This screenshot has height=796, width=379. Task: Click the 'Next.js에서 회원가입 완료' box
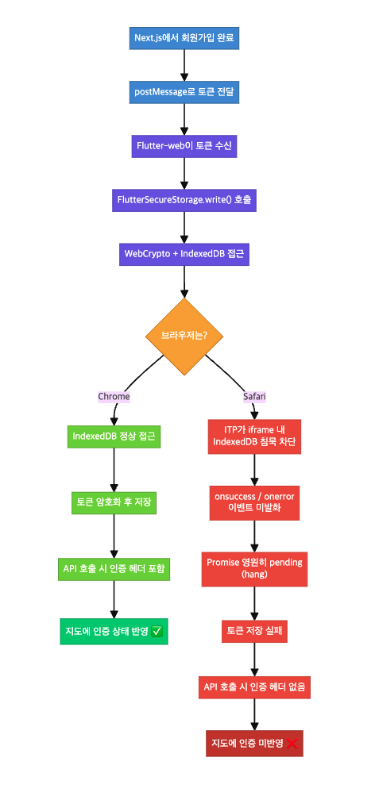184,37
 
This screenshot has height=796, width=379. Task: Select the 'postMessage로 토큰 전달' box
184,92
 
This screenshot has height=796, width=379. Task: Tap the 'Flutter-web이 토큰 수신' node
184,146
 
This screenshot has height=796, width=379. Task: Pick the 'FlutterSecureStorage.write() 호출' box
184,200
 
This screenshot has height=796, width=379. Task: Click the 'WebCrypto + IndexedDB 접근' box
184,254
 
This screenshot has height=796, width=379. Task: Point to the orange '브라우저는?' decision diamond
184,336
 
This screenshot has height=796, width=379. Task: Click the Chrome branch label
114,396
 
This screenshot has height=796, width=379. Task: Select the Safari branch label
254,396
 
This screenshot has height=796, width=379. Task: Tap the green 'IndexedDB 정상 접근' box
114,436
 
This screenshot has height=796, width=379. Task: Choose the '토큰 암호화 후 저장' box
114,502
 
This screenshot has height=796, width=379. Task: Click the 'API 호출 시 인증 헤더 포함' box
114,568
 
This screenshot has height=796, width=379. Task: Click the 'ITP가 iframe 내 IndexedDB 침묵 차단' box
254,436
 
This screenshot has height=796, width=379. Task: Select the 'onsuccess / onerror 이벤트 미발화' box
254,502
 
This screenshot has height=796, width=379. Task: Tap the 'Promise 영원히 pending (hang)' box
254,568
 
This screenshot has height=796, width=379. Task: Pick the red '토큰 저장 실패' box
254,632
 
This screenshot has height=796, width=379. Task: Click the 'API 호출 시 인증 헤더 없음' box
254,686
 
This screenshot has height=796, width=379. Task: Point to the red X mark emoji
292,744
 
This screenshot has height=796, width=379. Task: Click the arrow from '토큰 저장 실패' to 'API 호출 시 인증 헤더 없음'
254,659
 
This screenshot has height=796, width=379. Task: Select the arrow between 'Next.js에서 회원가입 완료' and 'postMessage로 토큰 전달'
184,64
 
